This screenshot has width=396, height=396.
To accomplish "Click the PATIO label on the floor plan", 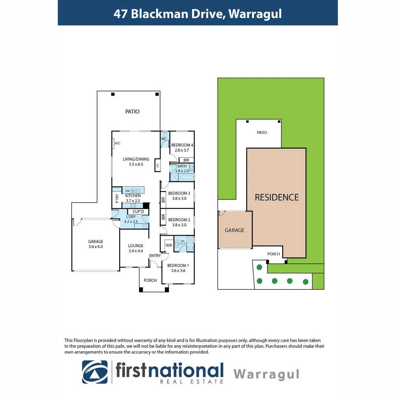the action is pos(132,112).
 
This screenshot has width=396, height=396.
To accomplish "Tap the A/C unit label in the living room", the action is pos(117,143).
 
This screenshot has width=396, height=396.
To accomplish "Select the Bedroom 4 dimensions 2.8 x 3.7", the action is pos(182,150).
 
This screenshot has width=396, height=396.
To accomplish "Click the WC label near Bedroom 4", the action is pos(164,139).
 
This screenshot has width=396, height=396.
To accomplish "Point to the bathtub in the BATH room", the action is pos(186,178).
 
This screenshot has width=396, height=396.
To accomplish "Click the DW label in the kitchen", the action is pos(127,191).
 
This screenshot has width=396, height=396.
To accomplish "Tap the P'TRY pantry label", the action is pos(117,198).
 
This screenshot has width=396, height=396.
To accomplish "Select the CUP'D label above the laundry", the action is pos(138,212).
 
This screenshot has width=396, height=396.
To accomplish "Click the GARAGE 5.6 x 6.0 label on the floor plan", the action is pos(96,244).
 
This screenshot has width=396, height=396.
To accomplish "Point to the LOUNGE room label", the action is pos(136,246).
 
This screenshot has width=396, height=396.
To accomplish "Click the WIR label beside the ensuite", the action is pos(169,245).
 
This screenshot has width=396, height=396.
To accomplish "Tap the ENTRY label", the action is pos(155,256).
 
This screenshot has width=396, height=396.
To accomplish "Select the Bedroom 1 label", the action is pos(178,265).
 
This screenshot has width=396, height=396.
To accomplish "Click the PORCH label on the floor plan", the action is pos(150,280).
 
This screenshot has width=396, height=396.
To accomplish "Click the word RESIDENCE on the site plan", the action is pos(277,197).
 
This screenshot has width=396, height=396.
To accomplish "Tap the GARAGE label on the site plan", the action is pos(235,230).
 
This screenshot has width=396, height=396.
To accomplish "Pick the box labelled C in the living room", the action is pos(158,166).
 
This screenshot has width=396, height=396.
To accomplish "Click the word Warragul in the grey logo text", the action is pos(266,374).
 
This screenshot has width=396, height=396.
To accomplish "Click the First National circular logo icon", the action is pos(95,372).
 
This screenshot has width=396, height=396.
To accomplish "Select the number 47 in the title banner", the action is pos(120,14).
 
